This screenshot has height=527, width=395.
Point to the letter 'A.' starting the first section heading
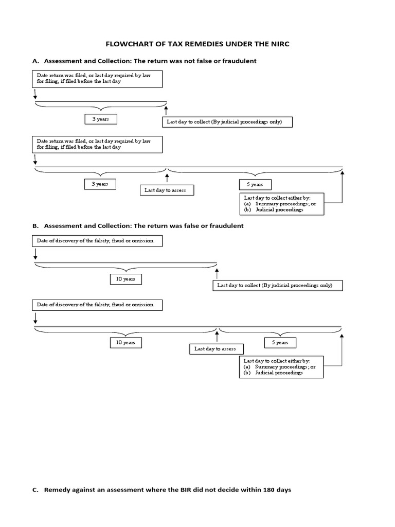click(x=35, y=61)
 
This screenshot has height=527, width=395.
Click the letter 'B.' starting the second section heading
click(x=35, y=226)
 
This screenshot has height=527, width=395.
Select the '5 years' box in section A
click(x=255, y=184)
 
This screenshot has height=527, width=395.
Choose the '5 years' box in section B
click(x=280, y=343)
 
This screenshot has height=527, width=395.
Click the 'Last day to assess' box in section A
click(x=166, y=190)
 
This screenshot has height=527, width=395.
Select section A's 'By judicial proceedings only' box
click(x=228, y=122)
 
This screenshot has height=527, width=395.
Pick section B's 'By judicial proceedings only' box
click(x=278, y=285)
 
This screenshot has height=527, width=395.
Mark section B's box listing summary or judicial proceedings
click(x=281, y=367)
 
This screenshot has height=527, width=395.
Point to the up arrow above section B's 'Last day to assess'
click(x=217, y=337)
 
